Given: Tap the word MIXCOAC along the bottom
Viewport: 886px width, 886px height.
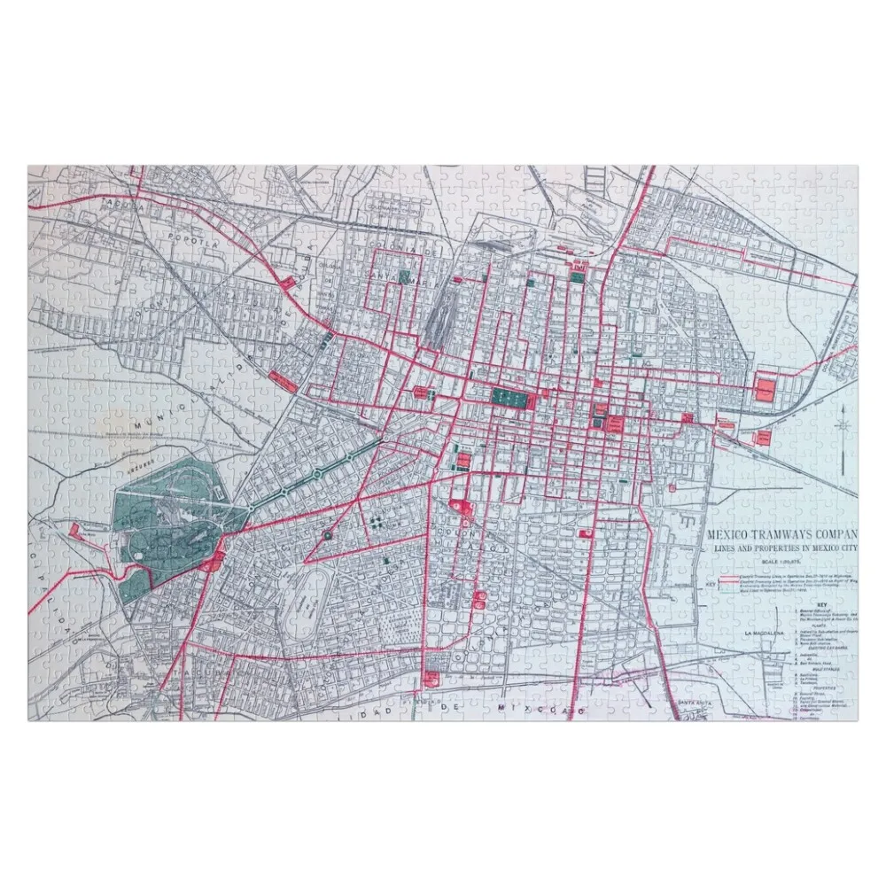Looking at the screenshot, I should [x=541, y=710].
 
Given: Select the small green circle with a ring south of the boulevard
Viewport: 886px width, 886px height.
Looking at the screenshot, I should [x=327, y=535].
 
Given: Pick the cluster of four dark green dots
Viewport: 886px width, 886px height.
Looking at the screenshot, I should [x=378, y=522].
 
